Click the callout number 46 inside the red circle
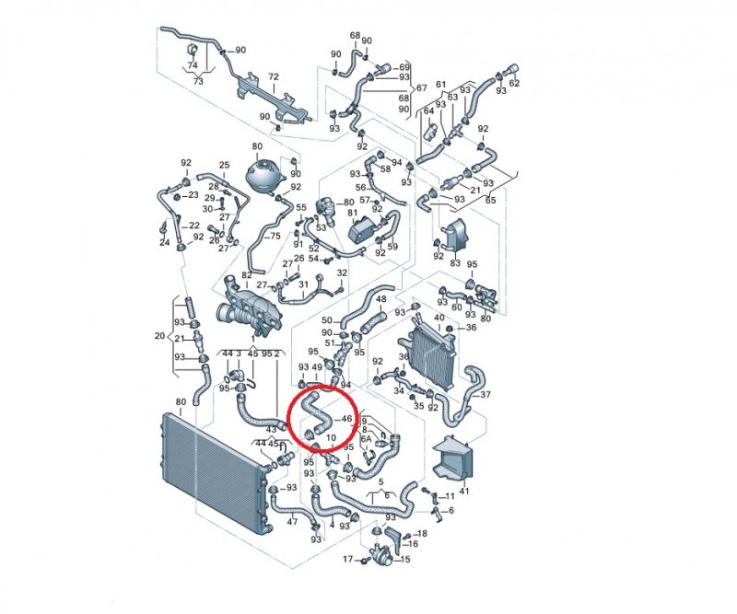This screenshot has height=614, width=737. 346,419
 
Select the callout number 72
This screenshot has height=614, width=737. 274,76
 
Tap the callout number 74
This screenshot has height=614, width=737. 193,65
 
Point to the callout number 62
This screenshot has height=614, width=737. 515,83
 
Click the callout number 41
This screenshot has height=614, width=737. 464,492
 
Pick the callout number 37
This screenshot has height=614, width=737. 485,395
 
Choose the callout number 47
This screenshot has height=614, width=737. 292,521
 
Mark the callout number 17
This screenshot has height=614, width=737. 348,559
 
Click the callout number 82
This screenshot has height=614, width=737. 247,275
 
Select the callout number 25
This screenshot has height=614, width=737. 224,165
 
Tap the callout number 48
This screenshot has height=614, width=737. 381,299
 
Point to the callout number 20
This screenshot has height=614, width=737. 159,336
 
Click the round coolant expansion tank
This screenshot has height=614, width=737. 265,176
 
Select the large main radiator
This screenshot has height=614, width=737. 214,474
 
